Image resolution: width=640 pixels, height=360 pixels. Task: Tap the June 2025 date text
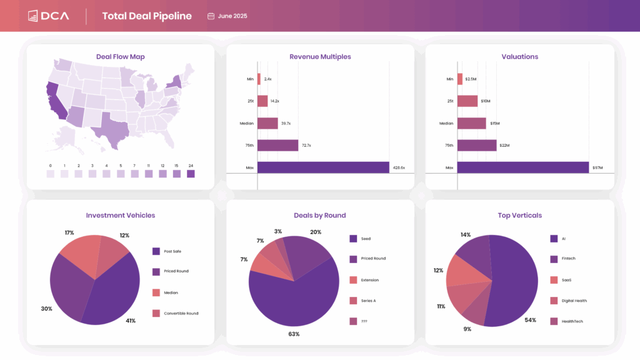[x=232, y=16]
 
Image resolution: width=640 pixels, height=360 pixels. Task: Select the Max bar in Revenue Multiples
[x=323, y=167]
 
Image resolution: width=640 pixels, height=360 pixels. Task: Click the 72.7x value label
[x=306, y=146]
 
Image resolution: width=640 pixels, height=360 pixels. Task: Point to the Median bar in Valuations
[x=471, y=123]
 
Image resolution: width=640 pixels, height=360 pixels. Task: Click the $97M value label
[x=597, y=167]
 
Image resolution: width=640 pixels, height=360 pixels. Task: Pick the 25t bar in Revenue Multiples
[x=262, y=101]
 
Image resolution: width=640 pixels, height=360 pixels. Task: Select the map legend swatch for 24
[x=191, y=174]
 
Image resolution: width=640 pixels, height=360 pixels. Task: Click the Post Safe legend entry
[x=172, y=251]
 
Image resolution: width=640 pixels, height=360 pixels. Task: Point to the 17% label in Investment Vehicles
[x=69, y=232]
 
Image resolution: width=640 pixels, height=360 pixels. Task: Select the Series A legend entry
[x=368, y=301]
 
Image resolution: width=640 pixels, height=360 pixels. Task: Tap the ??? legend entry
[x=364, y=321]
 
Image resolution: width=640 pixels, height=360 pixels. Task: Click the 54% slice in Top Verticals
[x=512, y=281]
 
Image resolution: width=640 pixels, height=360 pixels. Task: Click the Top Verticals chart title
[x=519, y=216]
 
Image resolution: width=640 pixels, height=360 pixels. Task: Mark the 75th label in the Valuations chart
[x=449, y=146]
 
